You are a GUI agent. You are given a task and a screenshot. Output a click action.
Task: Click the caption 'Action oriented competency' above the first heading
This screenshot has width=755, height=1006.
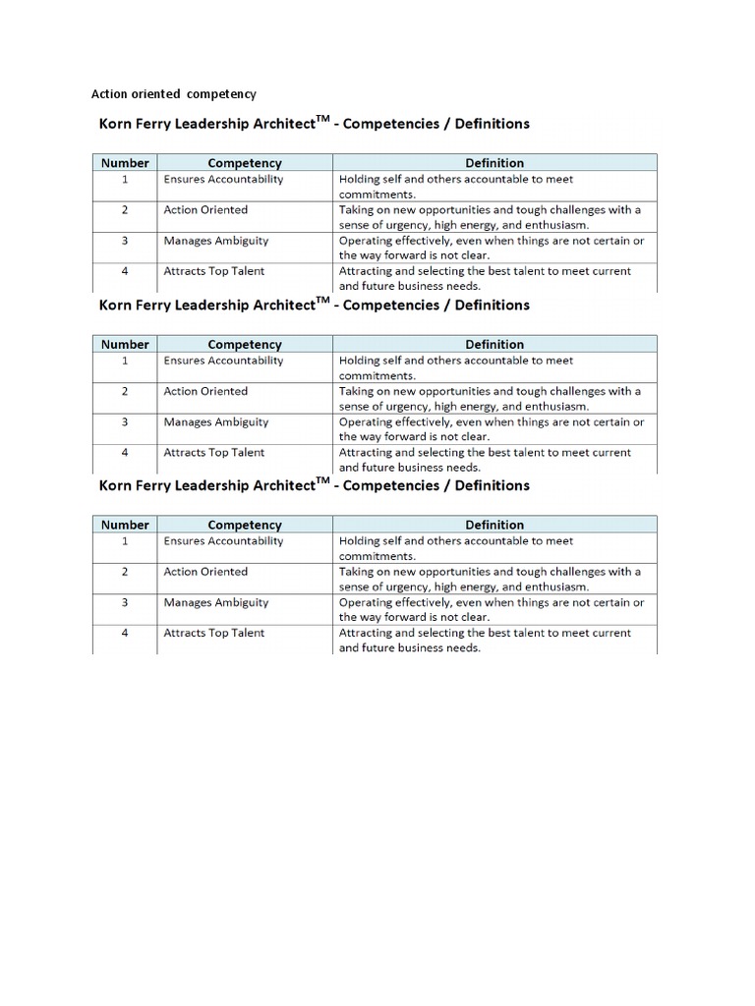tap(173, 94)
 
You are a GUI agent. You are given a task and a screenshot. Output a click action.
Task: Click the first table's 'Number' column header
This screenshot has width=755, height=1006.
tap(125, 163)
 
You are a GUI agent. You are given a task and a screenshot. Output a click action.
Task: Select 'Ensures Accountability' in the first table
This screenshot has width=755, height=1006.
tap(223, 179)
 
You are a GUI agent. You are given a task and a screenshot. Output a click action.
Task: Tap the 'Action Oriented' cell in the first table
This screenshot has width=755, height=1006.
tap(205, 209)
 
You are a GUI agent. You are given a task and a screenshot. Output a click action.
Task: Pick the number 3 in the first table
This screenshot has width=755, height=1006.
tap(125, 241)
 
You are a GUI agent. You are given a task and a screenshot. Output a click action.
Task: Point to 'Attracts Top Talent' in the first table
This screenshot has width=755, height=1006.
tap(213, 271)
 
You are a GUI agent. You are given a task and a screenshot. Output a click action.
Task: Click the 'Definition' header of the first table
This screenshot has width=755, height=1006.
tap(494, 163)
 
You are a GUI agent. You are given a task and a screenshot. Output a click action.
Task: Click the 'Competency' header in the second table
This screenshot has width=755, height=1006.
tap(245, 345)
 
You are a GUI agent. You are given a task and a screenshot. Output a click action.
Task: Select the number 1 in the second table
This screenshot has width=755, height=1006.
tap(125, 361)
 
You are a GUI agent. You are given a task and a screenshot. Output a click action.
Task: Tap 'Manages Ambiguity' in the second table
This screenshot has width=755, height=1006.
tap(215, 421)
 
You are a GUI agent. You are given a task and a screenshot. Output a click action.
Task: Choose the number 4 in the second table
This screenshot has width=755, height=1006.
tap(125, 453)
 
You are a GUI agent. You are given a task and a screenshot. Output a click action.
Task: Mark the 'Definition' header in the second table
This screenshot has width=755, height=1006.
tap(494, 345)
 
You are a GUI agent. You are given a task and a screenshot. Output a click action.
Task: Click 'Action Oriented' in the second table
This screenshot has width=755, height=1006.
tap(205, 391)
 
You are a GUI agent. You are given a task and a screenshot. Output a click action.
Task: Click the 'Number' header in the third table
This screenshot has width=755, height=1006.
tap(125, 525)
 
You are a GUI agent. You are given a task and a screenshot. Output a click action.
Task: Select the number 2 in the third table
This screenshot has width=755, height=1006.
tap(125, 572)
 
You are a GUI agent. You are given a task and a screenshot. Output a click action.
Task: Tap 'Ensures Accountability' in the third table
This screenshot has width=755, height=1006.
tap(223, 540)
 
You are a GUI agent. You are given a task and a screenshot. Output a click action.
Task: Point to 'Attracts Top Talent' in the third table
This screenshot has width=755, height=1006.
tap(213, 633)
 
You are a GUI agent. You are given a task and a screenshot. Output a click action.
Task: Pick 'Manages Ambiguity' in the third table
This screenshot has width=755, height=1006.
tap(215, 602)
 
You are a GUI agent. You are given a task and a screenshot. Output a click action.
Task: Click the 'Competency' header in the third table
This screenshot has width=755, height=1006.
tap(245, 525)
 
